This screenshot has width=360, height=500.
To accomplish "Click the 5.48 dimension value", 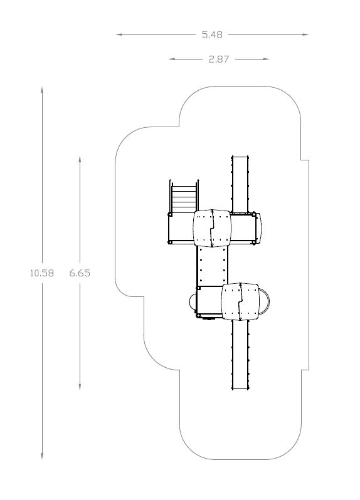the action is pyautogui.click(x=212, y=34).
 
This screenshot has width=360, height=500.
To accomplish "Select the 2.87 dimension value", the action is pyautogui.click(x=219, y=60).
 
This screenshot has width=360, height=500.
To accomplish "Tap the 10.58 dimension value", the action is pyautogui.click(x=42, y=273).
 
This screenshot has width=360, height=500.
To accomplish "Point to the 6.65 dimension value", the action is pyautogui.click(x=80, y=273).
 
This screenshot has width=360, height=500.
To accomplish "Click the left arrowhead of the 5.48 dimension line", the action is pyautogui.click(x=119, y=34).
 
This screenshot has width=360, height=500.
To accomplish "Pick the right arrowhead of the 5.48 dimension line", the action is pyautogui.click(x=305, y=34).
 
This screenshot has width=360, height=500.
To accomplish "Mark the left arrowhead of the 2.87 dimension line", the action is pyautogui.click(x=172, y=59).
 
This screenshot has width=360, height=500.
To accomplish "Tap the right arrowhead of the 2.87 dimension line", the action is pyautogui.click(x=265, y=59).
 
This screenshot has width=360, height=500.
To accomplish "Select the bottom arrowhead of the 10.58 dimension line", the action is pyautogui.click(x=42, y=456).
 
